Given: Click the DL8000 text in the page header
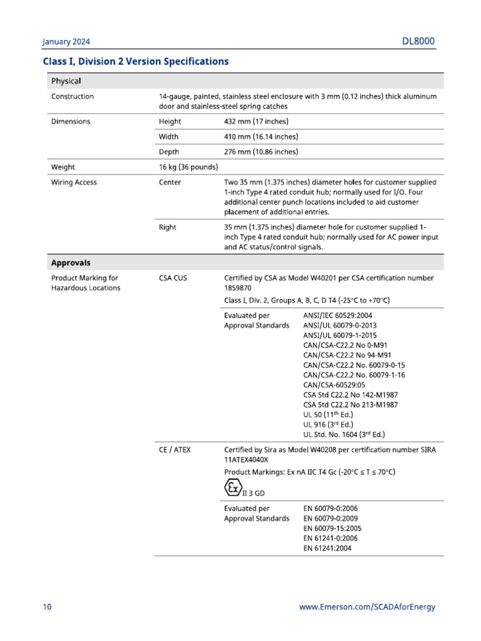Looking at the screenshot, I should coord(418,42).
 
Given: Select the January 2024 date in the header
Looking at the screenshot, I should coord(66,42).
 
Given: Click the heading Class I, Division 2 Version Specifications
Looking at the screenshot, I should coord(135,61).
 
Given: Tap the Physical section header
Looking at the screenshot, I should coord(66,81).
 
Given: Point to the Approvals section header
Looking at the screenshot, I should coord(71,263).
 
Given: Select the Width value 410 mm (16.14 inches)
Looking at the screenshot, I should coord(261,136).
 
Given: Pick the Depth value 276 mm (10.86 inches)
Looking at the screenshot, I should coord(261,151).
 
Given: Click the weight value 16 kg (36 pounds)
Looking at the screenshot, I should coord(189,167).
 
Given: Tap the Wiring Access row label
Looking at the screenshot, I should coord(74,182).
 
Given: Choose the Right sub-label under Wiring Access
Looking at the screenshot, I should coord(168,227).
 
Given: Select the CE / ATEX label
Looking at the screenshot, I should coord(174,449).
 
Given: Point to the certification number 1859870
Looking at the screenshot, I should coord(238,289).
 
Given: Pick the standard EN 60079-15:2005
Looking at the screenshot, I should coord(332,528).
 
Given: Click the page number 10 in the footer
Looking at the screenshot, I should coord(48,607).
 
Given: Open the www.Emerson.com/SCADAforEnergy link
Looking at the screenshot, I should coord(367,607).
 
